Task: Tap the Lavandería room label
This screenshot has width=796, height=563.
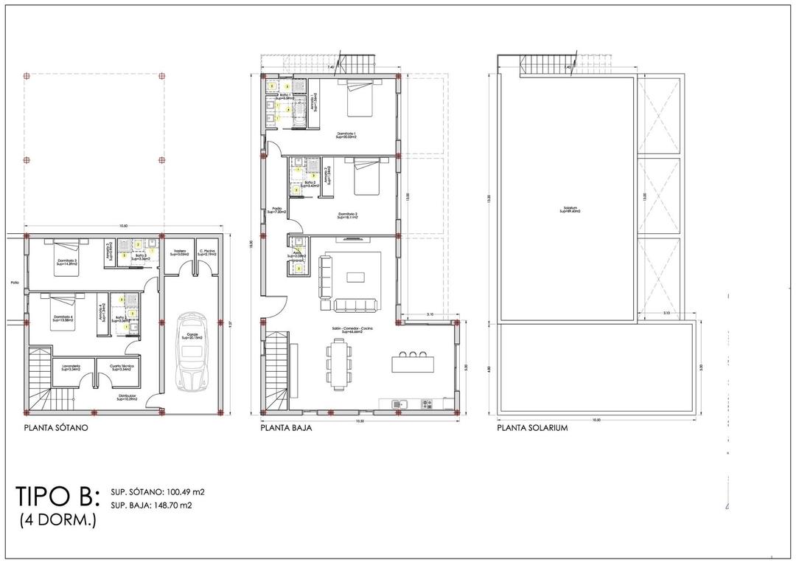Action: click(71, 367)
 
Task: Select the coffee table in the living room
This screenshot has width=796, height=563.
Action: click(356, 277)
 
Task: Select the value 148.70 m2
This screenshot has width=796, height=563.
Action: click(172, 505)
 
